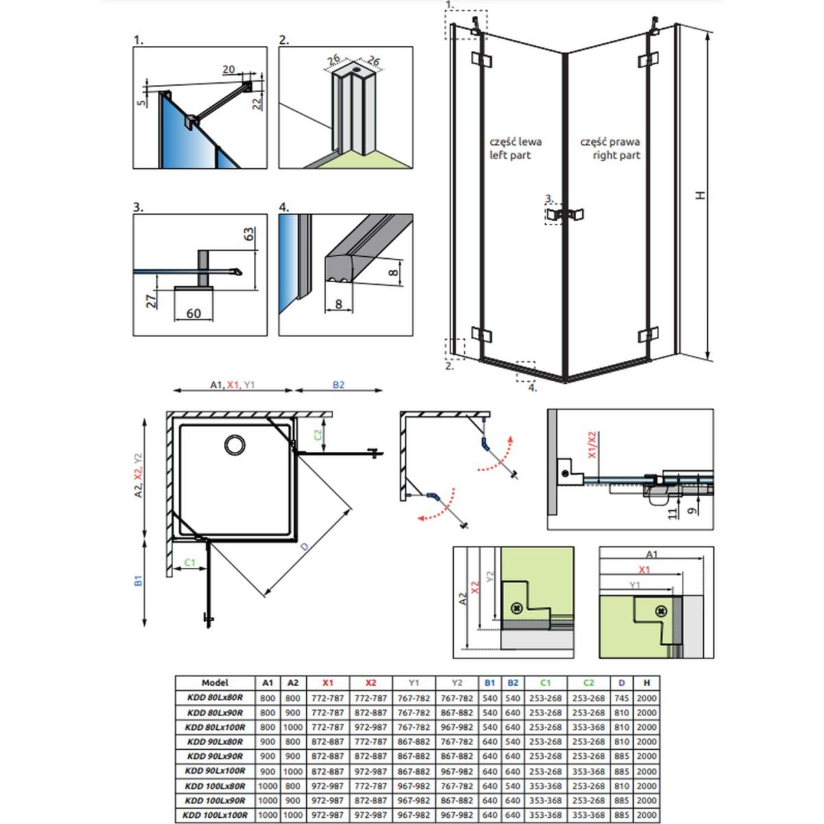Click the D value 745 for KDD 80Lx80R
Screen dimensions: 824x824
coord(621,698)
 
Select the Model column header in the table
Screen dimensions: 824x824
coord(215,683)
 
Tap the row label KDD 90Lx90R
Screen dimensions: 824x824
coord(215,756)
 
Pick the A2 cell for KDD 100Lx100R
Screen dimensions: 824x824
coord(293,815)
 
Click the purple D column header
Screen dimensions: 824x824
coord(621,683)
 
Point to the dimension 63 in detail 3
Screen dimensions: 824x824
coord(249,233)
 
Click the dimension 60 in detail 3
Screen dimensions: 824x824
coord(193,313)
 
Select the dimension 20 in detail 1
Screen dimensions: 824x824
coord(229,69)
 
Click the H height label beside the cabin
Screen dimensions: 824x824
coord(700,195)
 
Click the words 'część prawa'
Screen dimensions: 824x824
coord(610,142)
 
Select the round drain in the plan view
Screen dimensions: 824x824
coord(235,445)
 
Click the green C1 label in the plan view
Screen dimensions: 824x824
coord(190,562)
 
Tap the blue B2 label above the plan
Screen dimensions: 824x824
coord(339,385)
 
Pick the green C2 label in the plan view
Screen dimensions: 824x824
coord(317,435)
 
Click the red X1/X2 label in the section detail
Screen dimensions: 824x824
coord(592,445)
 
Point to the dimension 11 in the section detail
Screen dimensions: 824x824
coord(672,513)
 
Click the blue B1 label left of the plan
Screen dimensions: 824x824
coord(138,580)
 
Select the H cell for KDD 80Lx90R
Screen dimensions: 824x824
coord(646,713)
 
